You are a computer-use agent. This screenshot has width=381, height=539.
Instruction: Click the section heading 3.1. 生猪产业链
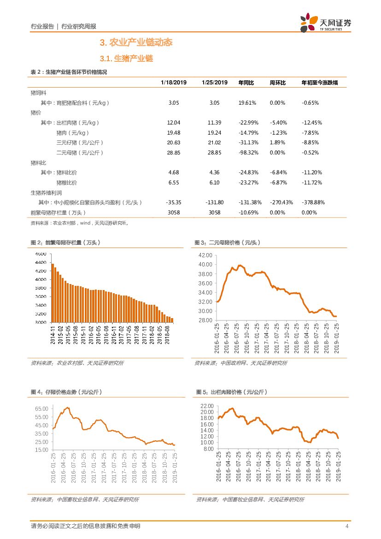pyautogui.click(x=126, y=59)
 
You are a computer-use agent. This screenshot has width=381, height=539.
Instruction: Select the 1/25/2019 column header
pyautogui.click(x=214, y=83)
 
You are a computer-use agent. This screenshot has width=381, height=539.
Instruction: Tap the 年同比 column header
pyautogui.click(x=246, y=83)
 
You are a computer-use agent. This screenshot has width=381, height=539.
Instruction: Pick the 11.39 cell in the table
pyautogui.click(x=214, y=123)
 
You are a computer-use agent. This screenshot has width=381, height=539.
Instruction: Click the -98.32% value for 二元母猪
pyautogui.click(x=248, y=152)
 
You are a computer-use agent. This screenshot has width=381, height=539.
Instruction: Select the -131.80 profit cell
pyautogui.click(x=214, y=202)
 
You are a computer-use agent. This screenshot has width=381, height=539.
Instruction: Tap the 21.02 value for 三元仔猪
pyautogui.click(x=214, y=142)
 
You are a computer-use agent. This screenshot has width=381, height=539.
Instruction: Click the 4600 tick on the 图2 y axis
pyautogui.click(x=40, y=254)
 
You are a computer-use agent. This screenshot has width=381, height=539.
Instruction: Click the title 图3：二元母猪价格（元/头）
pyautogui.click(x=227, y=243)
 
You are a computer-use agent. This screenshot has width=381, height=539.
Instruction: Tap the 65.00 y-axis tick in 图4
pyautogui.click(x=41, y=409)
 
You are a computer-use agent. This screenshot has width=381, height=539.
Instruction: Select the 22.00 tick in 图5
pyautogui.click(x=207, y=406)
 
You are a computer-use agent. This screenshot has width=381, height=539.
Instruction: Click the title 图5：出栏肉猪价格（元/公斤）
pyautogui.click(x=232, y=392)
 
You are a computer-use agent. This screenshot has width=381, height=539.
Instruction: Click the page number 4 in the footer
pyautogui.click(x=346, y=526)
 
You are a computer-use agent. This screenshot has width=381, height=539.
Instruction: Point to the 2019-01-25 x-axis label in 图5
pyautogui.click(x=338, y=466)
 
